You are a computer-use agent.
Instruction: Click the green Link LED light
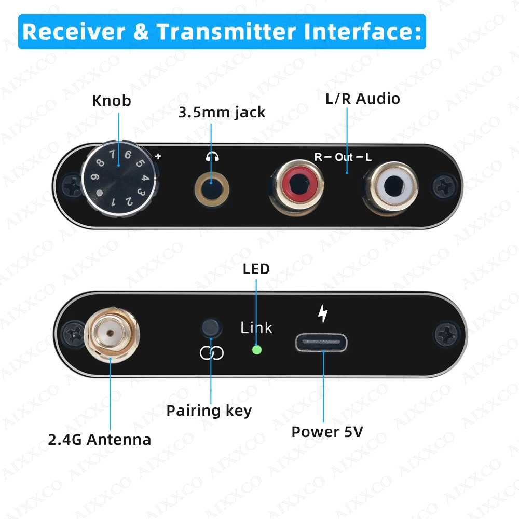click(256, 349)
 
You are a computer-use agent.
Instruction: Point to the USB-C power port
click(322, 343)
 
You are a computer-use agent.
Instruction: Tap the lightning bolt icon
click(323, 313)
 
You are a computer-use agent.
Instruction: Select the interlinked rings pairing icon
click(211, 353)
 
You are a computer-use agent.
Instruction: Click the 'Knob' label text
click(112, 101)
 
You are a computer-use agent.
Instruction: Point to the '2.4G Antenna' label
click(100, 440)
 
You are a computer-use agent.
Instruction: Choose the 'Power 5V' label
click(327, 431)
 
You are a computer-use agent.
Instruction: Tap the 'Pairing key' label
click(209, 411)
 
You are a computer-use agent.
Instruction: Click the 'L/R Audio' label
click(363, 99)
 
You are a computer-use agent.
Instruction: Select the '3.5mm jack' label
click(222, 112)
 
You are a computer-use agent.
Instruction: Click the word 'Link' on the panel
click(256, 328)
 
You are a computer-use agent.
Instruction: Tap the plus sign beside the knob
click(158, 156)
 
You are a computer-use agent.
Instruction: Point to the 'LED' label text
click(256, 269)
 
